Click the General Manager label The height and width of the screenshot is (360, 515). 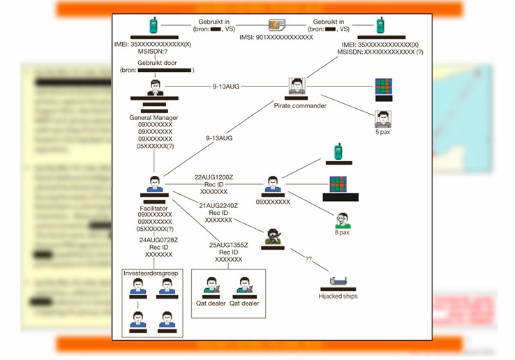click(155, 117)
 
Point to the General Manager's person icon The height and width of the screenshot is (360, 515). click(156, 89)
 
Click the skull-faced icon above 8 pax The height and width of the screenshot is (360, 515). click(342, 219)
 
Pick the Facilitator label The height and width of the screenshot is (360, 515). click(154, 207)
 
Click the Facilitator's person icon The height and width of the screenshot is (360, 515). click(154, 183)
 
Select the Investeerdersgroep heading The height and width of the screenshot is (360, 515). click(150, 273)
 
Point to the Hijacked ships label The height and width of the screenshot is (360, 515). click(338, 296)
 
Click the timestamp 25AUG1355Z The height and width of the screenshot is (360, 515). click(229, 245)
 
